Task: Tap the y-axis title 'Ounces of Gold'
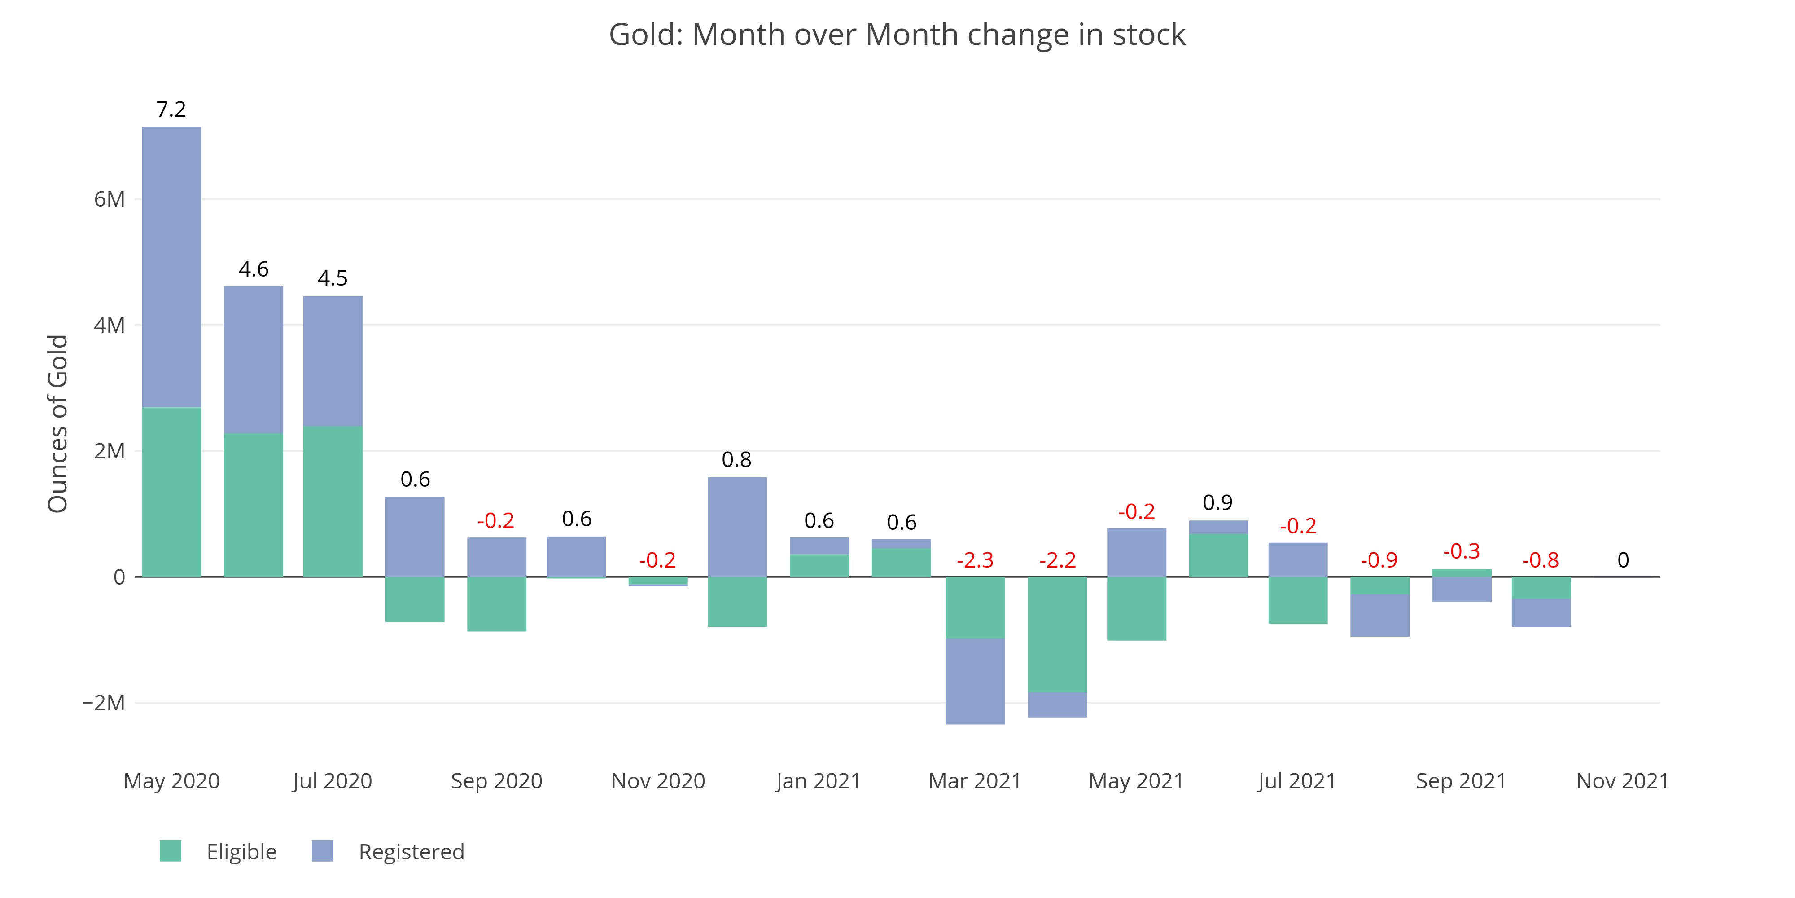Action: pyautogui.click(x=58, y=423)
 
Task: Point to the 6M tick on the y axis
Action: pyautogui.click(x=109, y=199)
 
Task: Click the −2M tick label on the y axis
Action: pyautogui.click(x=103, y=703)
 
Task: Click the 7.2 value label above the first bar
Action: pyautogui.click(x=171, y=110)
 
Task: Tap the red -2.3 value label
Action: pyautogui.click(x=975, y=560)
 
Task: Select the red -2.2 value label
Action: pyautogui.click(x=1057, y=560)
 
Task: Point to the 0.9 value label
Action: pyautogui.click(x=1217, y=503)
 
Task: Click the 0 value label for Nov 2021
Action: pyautogui.click(x=1623, y=560)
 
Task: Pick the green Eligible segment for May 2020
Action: pyautogui.click(x=171, y=492)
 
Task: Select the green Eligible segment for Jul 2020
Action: pyautogui.click(x=333, y=501)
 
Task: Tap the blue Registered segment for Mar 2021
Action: pyautogui.click(x=975, y=681)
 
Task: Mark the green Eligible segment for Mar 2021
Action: pyautogui.click(x=975, y=607)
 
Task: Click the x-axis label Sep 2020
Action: pyautogui.click(x=496, y=781)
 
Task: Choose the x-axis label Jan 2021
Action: pyautogui.click(x=818, y=781)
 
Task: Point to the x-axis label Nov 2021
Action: pyautogui.click(x=1622, y=781)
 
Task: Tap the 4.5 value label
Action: pyautogui.click(x=333, y=278)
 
